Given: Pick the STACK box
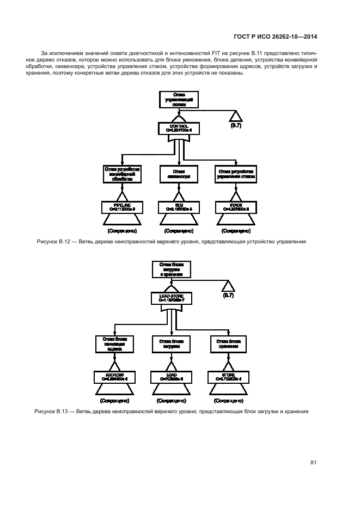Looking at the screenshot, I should pos(236,206).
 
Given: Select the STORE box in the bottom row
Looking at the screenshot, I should pos(228,376).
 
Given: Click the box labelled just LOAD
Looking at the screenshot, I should pos(172,376).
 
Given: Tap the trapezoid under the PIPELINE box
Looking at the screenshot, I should pos(122,219).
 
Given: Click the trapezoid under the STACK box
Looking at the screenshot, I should pos(236,219).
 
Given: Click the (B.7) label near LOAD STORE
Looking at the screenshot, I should pos(228,297).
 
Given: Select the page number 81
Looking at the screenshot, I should pos(313,463).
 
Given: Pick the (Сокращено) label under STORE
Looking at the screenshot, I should pos(228,401).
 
